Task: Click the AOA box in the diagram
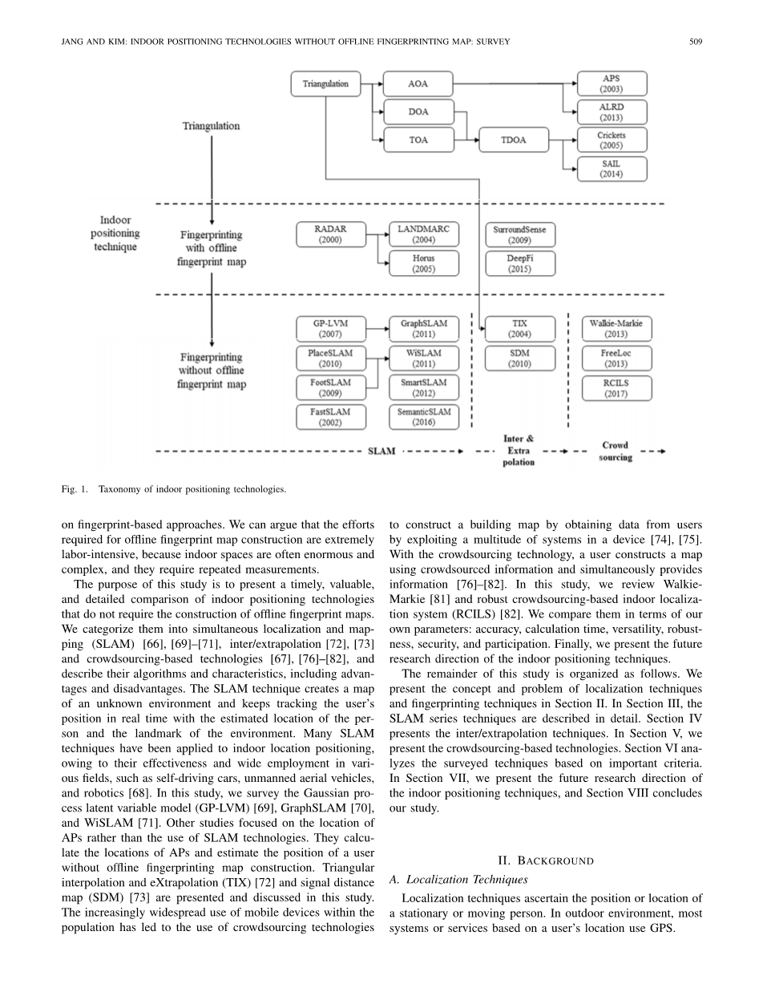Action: [x=418, y=84]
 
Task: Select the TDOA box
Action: [x=514, y=140]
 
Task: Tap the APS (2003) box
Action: [x=612, y=84]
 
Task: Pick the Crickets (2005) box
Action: [x=612, y=140]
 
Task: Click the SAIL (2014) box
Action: [x=612, y=168]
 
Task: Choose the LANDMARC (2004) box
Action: [x=424, y=234]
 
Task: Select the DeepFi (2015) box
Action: [x=520, y=264]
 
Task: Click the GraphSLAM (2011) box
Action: [x=424, y=329]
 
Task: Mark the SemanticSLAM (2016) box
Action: [x=424, y=416]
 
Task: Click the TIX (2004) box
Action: [x=520, y=329]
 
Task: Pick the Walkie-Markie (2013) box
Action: [x=616, y=329]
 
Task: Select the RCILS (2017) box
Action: [x=616, y=388]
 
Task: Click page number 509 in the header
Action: [x=695, y=42]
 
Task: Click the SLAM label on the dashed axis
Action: [x=381, y=451]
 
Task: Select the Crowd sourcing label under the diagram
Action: [x=615, y=451]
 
